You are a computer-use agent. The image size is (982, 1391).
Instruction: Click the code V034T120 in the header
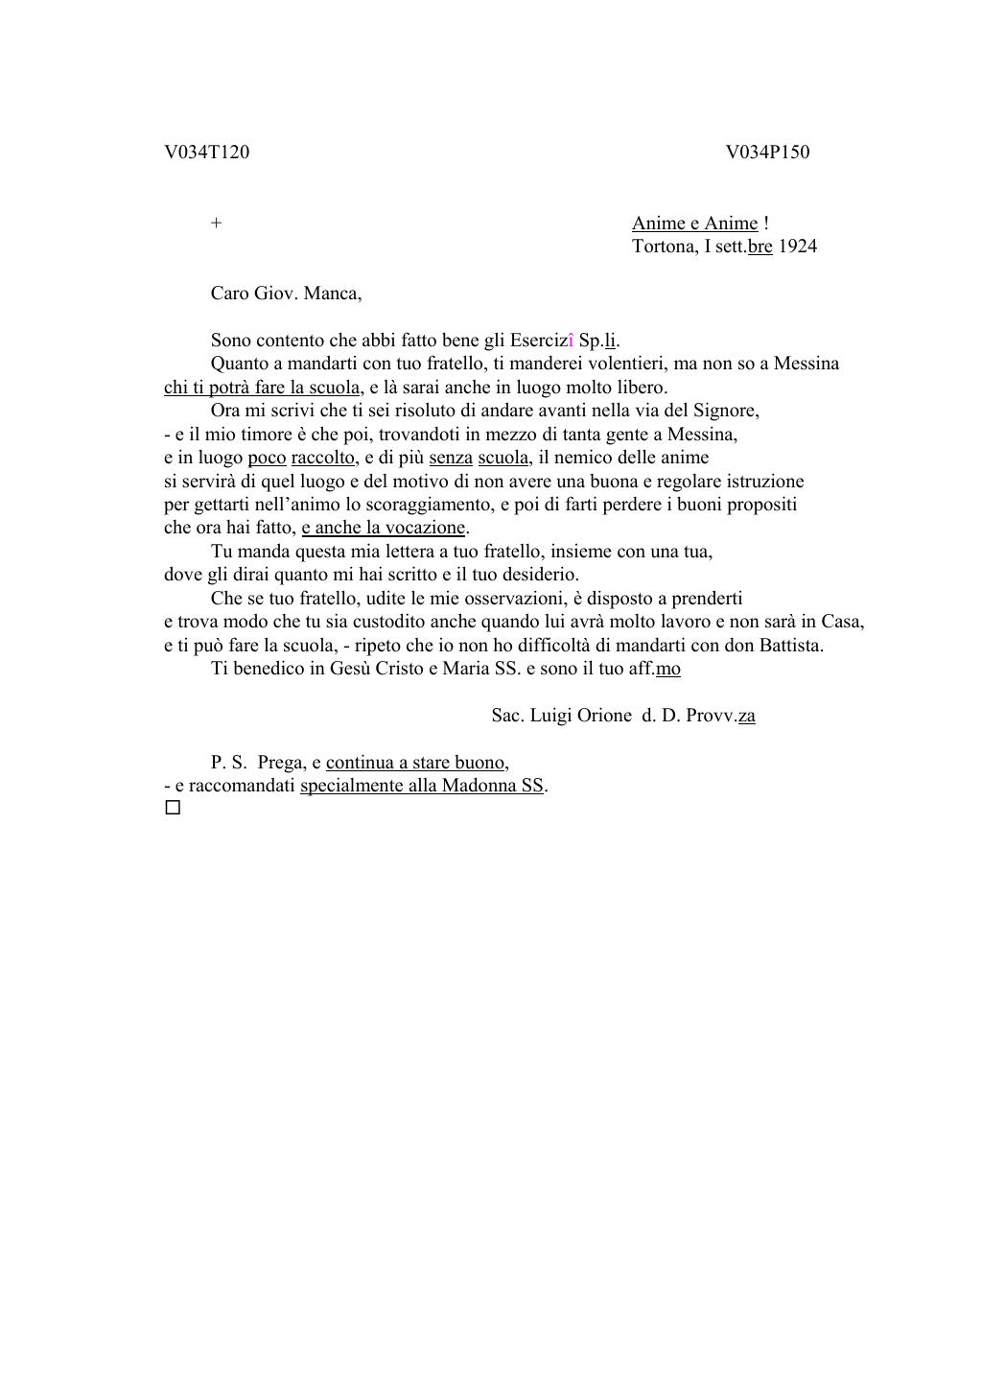click(x=206, y=153)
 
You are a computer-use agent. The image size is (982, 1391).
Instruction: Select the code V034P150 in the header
click(x=767, y=153)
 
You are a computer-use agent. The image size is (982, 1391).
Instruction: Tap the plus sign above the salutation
click(x=217, y=224)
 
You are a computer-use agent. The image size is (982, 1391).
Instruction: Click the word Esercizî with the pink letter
click(x=542, y=341)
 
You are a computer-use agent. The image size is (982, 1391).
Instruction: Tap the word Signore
click(x=727, y=411)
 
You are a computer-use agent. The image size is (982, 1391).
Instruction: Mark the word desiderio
click(x=541, y=575)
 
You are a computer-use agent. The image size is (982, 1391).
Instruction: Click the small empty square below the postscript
click(x=173, y=808)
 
